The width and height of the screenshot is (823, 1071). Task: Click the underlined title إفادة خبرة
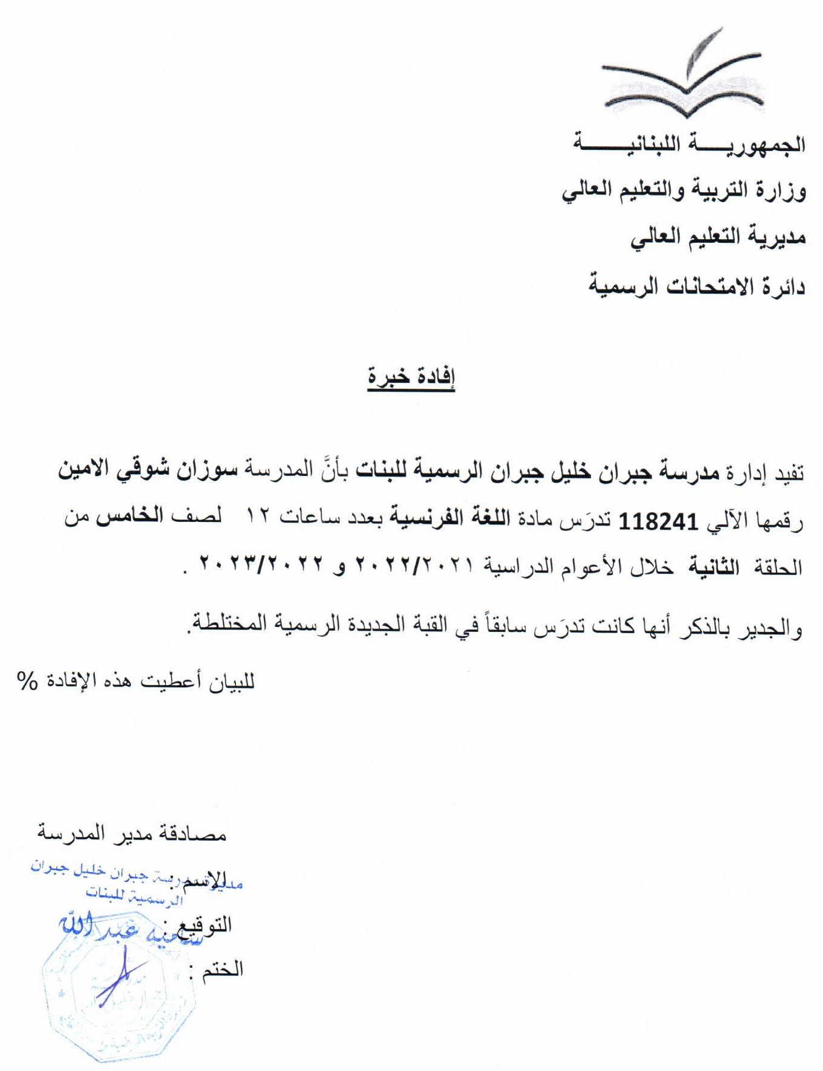(x=411, y=376)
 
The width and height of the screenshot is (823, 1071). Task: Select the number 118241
(x=659, y=520)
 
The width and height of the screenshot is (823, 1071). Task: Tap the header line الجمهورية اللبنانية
(x=689, y=144)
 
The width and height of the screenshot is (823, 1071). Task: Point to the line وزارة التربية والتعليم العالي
(x=684, y=191)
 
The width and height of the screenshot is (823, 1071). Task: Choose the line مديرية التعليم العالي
(x=718, y=237)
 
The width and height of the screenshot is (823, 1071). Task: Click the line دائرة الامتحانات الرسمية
(x=697, y=285)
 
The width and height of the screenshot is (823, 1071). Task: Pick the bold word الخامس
(x=130, y=518)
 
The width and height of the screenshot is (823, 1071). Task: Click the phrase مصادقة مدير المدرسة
(x=132, y=834)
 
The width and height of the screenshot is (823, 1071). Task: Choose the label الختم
(x=222, y=970)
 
